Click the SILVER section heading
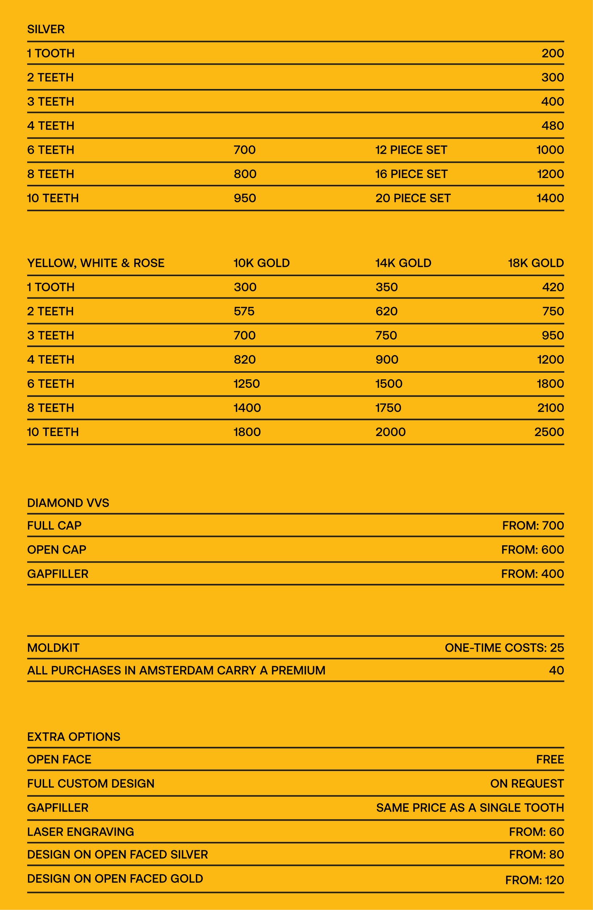pos(46,29)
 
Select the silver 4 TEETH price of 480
pos(552,126)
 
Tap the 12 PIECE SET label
pos(411,150)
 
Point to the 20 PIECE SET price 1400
pos(550,198)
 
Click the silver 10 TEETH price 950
pos(245,198)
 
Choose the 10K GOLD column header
pos(262,263)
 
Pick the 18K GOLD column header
pos(535,263)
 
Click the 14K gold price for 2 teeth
pos(386,311)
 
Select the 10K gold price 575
pos(244,311)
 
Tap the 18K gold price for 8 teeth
pos(551,408)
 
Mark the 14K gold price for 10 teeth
pos(390,432)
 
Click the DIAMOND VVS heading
pos(68,503)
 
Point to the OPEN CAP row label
pos(56,550)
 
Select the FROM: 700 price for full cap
pos(533,526)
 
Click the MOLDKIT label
pos(53,648)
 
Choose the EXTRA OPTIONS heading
pos(74,737)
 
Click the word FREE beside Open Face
pos(550,759)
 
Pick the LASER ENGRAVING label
pos(81,831)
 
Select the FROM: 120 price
pos(534,880)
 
